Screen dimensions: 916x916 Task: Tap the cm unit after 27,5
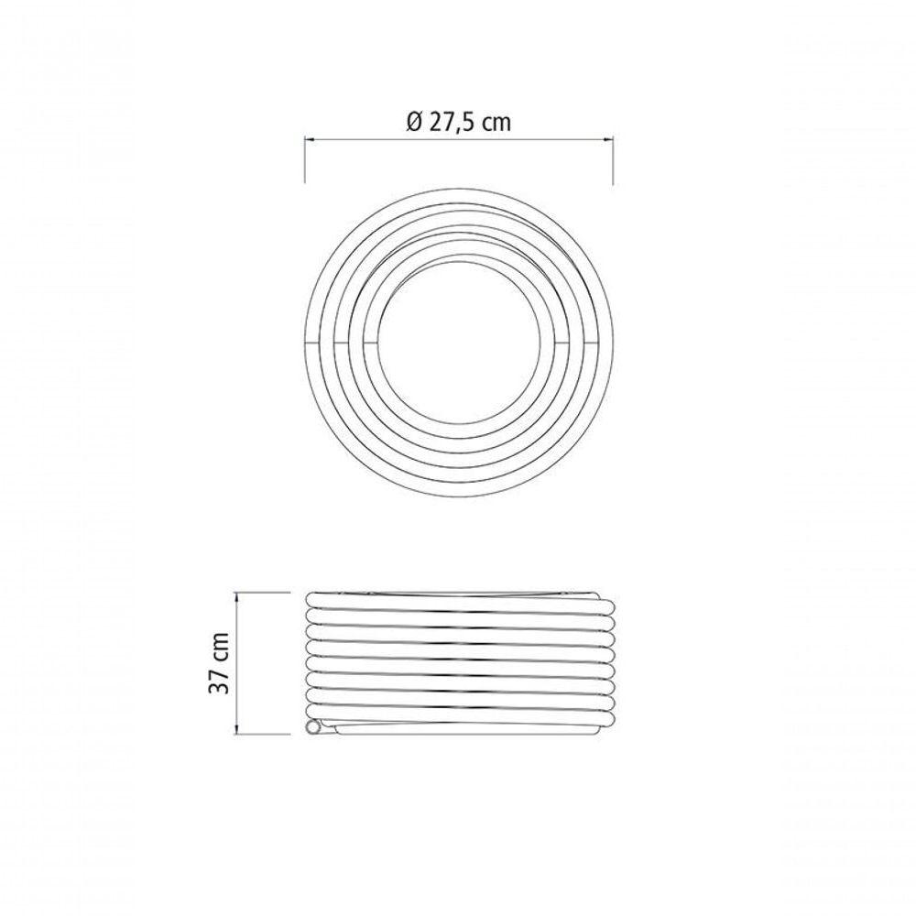tap(498, 125)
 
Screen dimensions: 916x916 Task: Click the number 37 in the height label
tap(219, 680)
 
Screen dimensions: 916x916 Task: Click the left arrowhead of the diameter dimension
tap(310, 139)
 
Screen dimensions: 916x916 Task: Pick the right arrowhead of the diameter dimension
tap(607, 139)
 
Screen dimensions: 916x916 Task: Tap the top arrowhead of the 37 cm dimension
tap(236, 597)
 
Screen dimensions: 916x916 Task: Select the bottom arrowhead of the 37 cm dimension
tap(236, 729)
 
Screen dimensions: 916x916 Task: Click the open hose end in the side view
tap(314, 728)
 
